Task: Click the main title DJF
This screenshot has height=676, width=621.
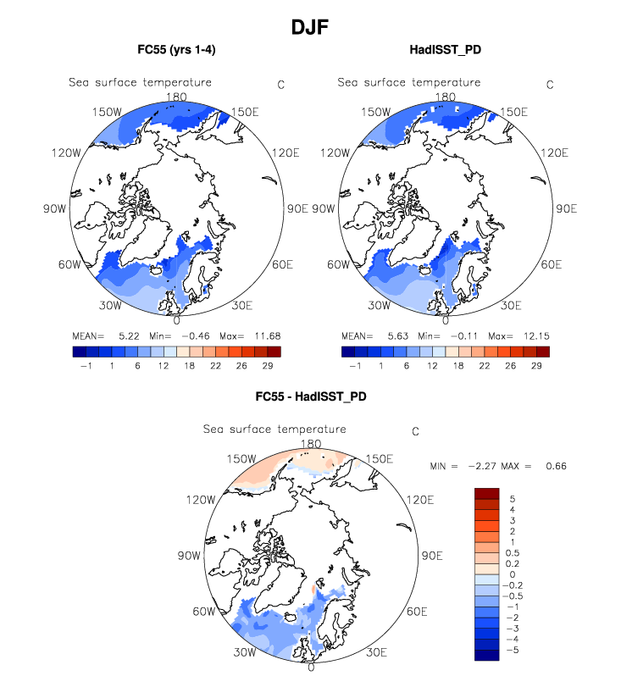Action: point(310,27)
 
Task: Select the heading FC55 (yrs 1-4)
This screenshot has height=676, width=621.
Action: point(176,50)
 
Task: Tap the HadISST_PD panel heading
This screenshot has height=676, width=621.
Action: point(446,50)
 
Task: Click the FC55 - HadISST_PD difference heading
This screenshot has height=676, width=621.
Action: point(311,396)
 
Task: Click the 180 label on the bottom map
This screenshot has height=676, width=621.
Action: point(312,444)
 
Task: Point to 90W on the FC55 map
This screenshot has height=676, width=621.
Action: point(55,208)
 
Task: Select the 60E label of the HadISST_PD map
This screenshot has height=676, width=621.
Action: point(552,264)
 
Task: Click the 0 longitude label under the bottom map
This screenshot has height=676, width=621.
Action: point(312,667)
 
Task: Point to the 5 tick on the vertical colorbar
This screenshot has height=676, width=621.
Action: point(512,499)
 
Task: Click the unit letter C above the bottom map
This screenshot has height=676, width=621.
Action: point(415,431)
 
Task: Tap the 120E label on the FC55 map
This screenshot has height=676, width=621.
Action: point(285,152)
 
